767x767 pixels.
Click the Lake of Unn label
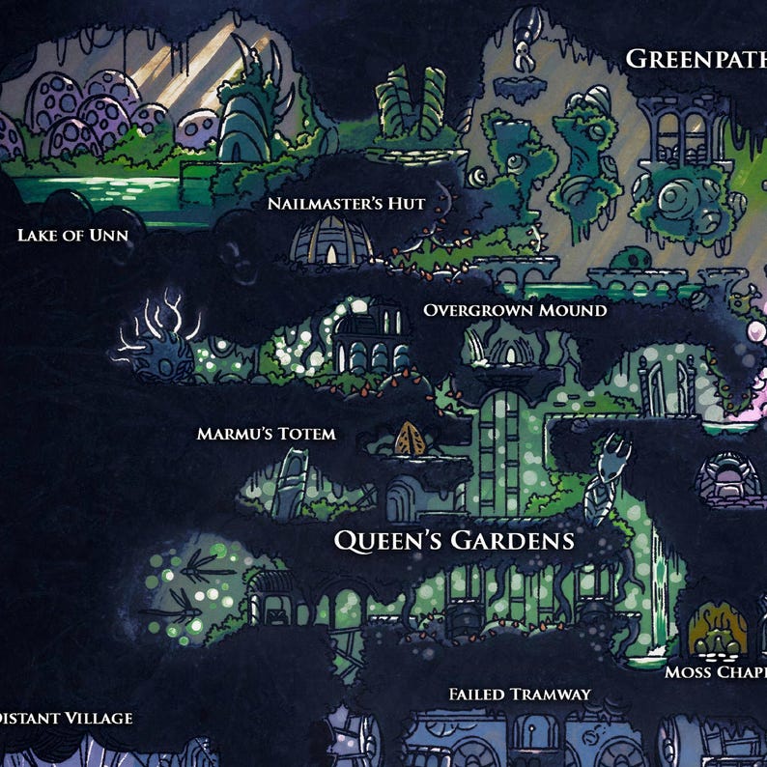(72, 235)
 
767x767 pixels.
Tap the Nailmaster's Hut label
(346, 204)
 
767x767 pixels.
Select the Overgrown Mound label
(515, 310)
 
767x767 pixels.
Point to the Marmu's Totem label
(267, 434)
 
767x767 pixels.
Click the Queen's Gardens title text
(454, 540)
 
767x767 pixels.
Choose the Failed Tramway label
(520, 695)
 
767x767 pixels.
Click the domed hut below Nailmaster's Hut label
(331, 241)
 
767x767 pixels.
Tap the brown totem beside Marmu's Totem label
(411, 440)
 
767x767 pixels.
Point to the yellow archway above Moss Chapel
(719, 629)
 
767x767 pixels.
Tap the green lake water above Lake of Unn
(97, 188)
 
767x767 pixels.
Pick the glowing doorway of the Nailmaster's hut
(331, 253)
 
